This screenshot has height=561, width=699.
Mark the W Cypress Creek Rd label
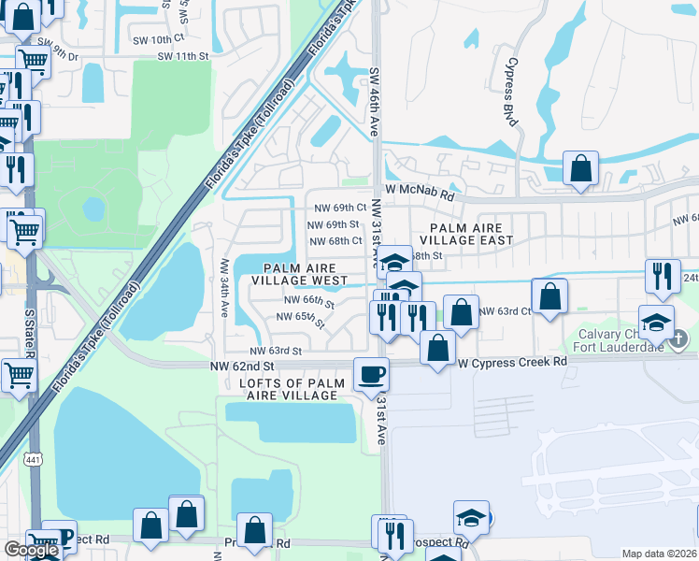coord(510,361)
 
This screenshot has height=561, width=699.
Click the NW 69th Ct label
coord(335,208)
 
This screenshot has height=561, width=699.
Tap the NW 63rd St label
coord(276,351)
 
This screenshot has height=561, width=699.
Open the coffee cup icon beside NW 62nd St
coord(371,375)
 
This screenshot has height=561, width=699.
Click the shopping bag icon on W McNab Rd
coord(580,171)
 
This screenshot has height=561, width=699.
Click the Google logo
coord(31,550)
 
